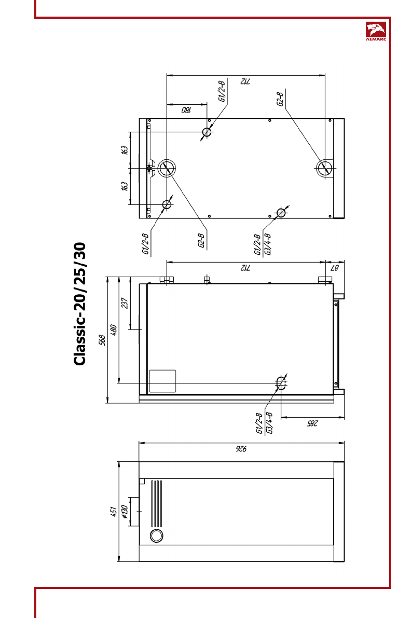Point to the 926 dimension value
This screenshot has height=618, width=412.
tap(241, 448)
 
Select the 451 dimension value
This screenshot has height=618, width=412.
tap(114, 512)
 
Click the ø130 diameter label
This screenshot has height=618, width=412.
tap(125, 511)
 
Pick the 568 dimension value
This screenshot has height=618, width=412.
tap(102, 340)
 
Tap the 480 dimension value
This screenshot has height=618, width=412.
tap(114, 329)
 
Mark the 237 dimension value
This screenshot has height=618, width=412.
tap(125, 303)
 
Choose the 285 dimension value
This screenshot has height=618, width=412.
tap(312, 423)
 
